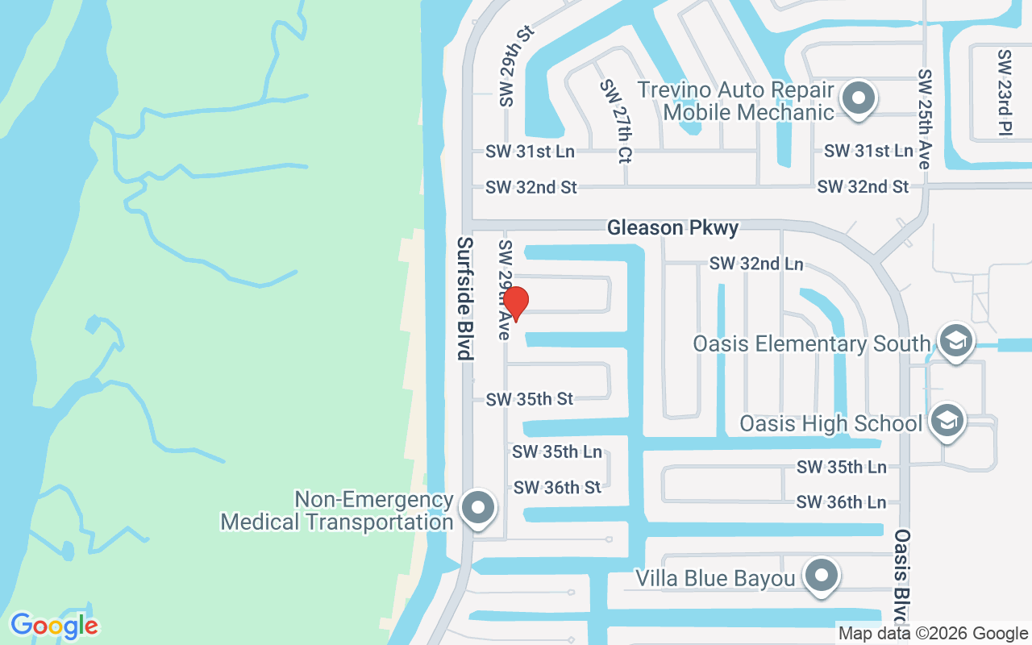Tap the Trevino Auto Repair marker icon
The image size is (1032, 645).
pos(859,99)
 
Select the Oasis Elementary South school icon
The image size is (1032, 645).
pos(955,341)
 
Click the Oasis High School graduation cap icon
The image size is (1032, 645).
pos(947,420)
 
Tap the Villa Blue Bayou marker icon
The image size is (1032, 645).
pos(822,576)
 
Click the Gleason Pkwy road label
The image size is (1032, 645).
pos(672,228)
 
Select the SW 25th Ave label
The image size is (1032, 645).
pos(924,119)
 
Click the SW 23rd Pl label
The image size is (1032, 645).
pos(1004,92)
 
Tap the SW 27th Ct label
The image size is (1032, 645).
pos(616,122)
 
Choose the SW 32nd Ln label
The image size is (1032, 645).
pos(756,264)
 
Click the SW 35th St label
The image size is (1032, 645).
pos(529,399)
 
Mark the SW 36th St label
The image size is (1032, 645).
pos(557,487)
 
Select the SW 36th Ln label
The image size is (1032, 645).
pos(841,502)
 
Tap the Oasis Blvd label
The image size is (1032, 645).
pos(902,576)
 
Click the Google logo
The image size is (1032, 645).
pos(54,626)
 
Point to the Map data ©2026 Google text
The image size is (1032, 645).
pos(932,634)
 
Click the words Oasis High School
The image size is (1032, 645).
pos(830,423)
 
